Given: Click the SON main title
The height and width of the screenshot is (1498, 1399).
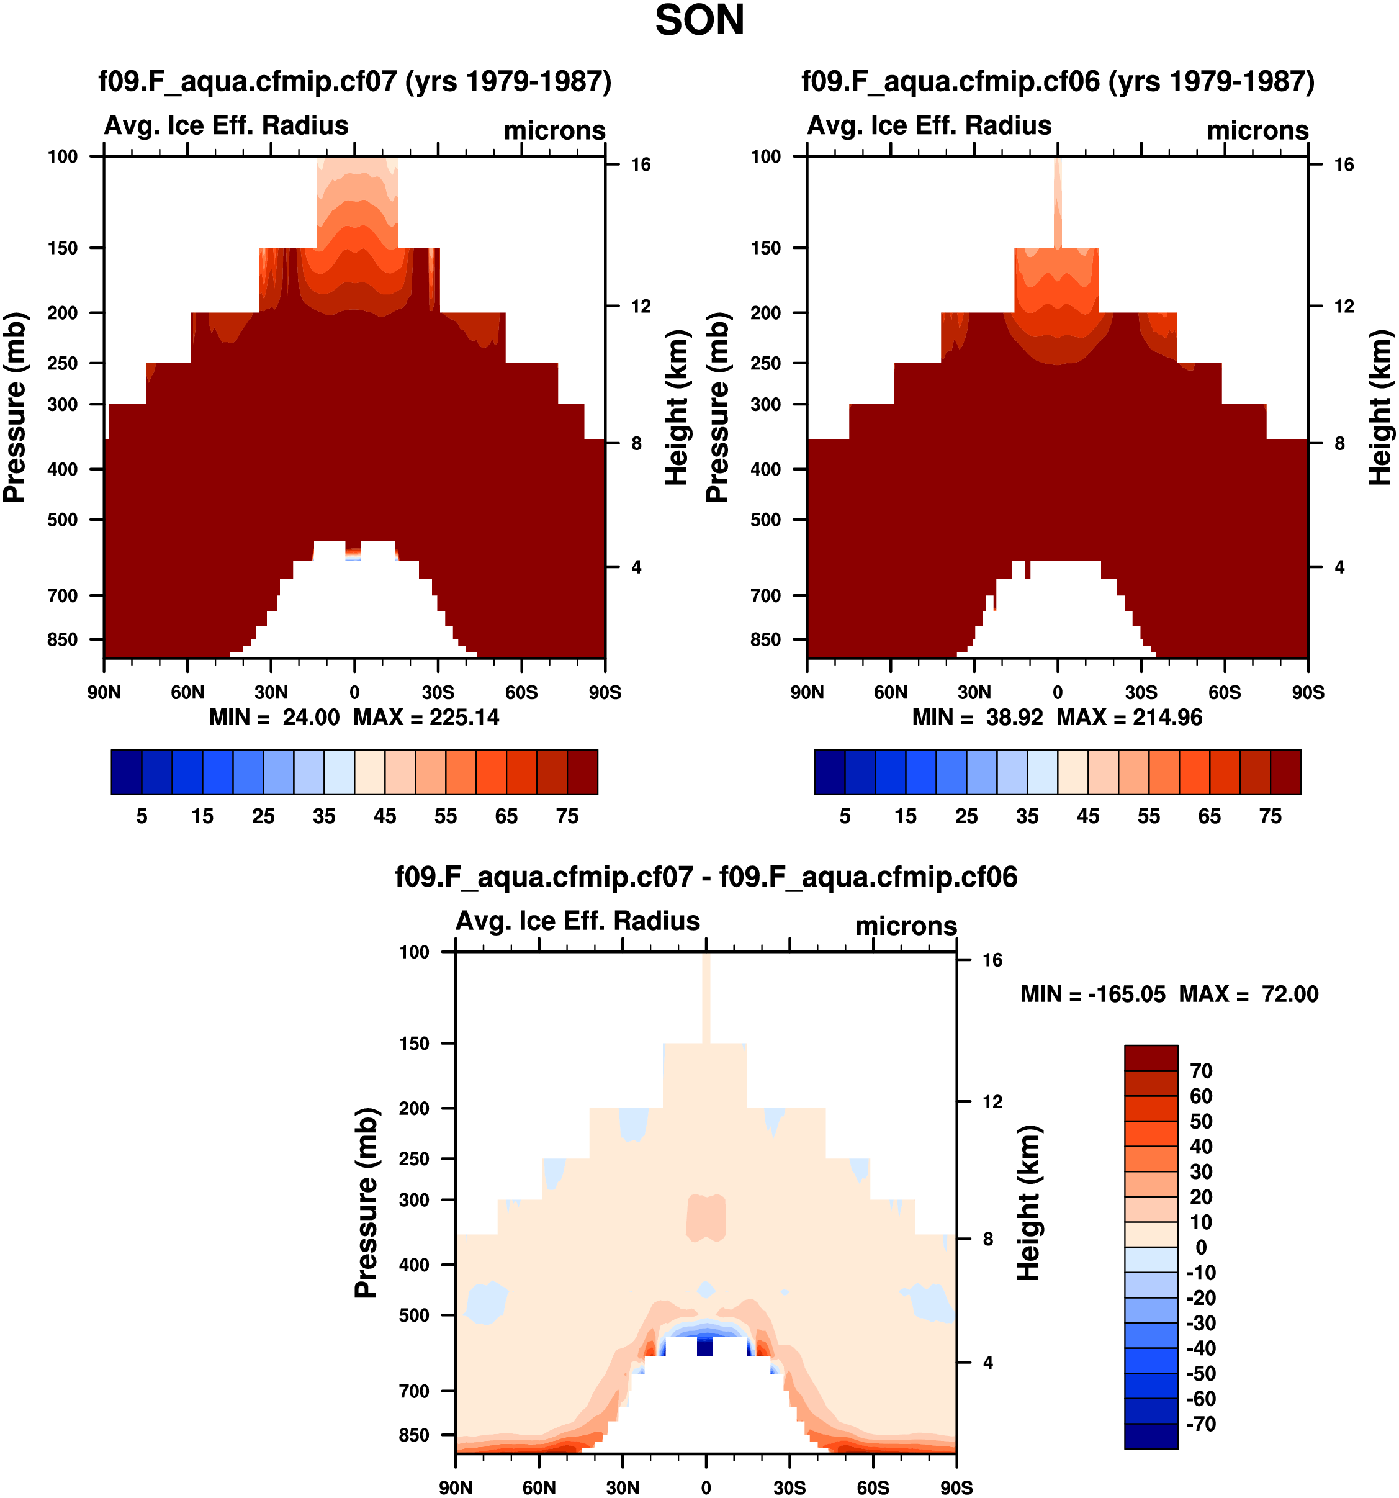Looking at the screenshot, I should click(699, 20).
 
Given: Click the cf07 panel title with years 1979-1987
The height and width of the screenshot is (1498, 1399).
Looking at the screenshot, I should click(355, 81).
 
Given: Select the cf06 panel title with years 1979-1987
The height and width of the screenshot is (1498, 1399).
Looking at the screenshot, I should click(1058, 81).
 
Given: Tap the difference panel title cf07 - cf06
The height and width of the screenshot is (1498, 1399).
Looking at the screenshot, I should click(706, 877).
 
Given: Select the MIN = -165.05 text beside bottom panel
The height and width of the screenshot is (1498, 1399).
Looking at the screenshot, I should click(1092, 994).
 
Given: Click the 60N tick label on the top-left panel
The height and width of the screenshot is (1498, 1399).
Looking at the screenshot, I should click(187, 692).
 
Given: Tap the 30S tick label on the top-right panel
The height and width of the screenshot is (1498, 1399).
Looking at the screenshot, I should click(1141, 692).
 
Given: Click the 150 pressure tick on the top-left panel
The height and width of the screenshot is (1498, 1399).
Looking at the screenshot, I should click(63, 248).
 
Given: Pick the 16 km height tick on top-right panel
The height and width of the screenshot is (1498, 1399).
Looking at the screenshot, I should click(1343, 165).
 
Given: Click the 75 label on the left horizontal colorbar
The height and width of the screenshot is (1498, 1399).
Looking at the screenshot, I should click(567, 816).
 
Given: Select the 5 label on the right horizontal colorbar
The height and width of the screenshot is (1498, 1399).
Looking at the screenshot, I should click(845, 816).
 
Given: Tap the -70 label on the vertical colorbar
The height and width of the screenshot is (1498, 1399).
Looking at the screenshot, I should click(1201, 1424).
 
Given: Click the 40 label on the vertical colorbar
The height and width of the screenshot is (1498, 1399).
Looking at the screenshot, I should click(1201, 1146).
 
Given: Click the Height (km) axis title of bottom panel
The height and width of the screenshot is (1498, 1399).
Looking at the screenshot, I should click(1028, 1203).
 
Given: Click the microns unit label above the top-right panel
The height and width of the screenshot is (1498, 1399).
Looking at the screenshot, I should click(1257, 130).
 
